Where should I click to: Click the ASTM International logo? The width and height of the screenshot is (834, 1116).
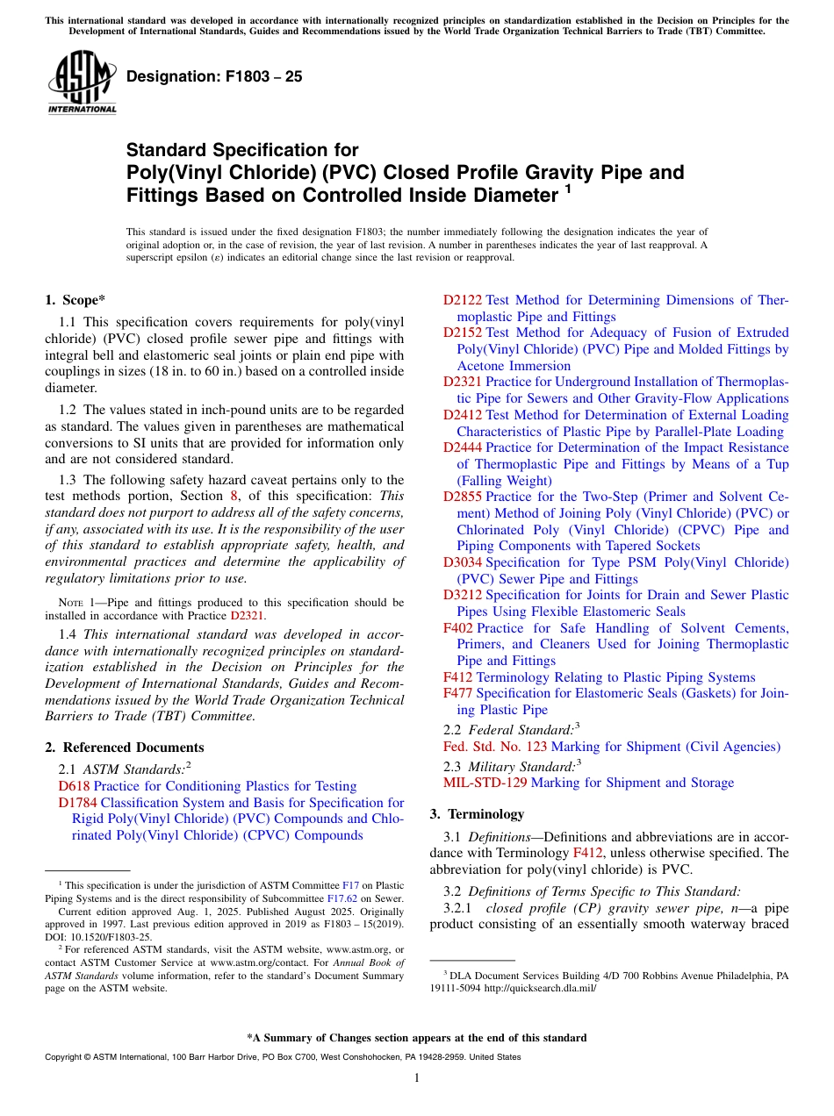[82, 82]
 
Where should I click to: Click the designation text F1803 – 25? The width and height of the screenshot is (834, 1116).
[214, 77]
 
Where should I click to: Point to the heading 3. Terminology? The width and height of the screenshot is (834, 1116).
[477, 813]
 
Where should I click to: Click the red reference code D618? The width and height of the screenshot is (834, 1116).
[74, 786]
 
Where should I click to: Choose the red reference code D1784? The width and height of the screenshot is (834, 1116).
[77, 803]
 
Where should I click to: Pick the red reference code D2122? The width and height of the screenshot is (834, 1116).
[463, 300]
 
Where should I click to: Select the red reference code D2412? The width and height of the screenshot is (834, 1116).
[463, 415]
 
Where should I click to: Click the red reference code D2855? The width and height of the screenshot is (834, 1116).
[463, 497]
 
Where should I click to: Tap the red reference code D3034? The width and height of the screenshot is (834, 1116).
[463, 562]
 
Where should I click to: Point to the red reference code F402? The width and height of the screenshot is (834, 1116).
[457, 628]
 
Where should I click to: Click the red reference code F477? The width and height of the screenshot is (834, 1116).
[457, 694]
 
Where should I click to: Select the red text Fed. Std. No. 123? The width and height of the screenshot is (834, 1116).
[494, 747]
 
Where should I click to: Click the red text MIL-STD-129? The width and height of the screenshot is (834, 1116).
[485, 783]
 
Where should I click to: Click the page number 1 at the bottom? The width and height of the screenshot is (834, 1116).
[417, 1077]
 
